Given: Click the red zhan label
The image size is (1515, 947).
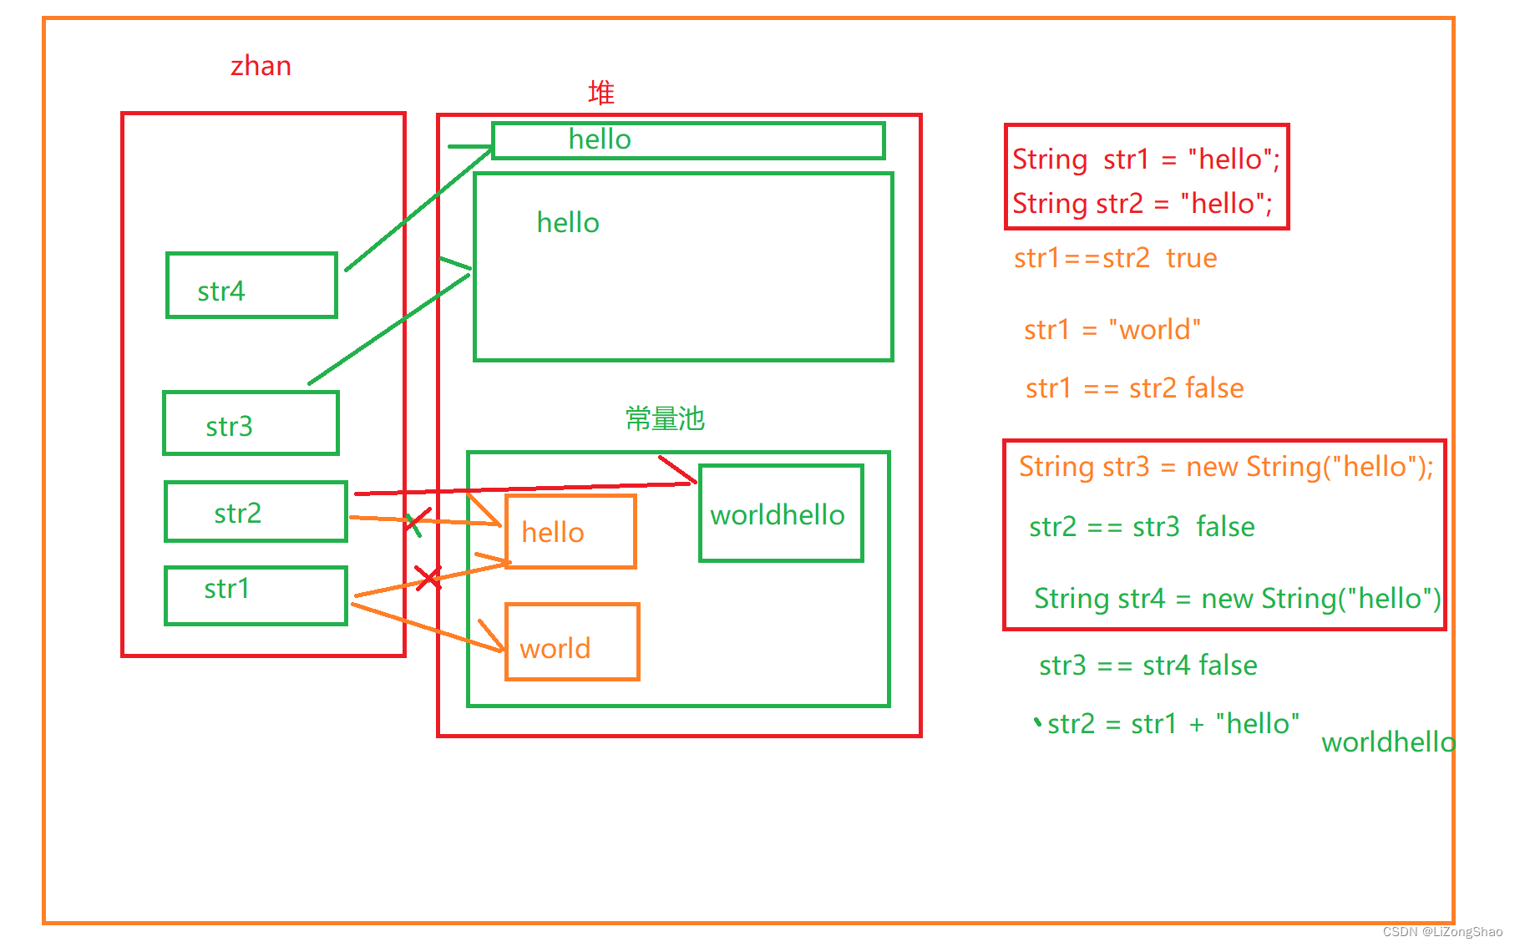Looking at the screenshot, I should click(261, 66).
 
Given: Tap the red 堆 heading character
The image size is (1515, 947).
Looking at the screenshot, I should click(600, 93).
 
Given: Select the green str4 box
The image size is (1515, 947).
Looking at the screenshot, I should click(251, 286).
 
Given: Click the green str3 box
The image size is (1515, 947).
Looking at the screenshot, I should click(251, 423).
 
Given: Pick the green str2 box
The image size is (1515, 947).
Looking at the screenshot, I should click(256, 512).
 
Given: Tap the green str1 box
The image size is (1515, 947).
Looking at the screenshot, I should click(256, 595).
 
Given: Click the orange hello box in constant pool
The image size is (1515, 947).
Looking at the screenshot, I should click(570, 532).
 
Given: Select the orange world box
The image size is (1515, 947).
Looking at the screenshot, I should click(572, 642).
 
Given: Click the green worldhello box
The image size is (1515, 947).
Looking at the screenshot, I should click(780, 514).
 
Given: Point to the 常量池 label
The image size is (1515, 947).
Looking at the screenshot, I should click(665, 418).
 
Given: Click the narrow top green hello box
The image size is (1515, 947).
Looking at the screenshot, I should click(687, 140).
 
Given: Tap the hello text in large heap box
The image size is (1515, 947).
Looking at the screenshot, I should click(568, 223).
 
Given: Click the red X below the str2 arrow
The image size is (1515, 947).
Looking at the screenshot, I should click(428, 577).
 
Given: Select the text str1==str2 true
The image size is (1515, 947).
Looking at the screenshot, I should click(1115, 258).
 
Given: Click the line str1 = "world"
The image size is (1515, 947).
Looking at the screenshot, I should click(1112, 330).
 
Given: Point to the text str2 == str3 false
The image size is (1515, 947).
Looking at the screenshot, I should click(1142, 527).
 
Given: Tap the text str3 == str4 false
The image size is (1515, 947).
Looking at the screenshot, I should click(1148, 666).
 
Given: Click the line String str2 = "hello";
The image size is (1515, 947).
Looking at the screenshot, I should click(1142, 204).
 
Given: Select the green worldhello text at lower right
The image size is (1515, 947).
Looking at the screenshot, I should click(1387, 742).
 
